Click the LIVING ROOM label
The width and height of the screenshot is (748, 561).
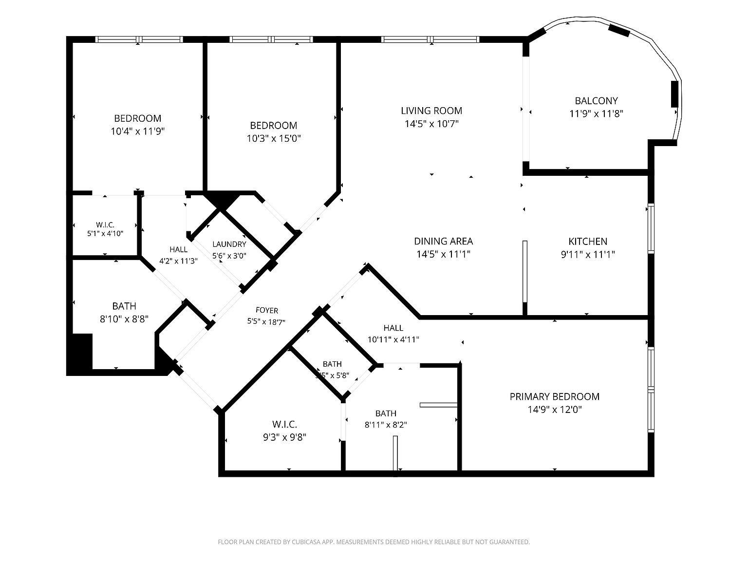click(431, 111)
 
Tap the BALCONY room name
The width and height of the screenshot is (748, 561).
click(596, 101)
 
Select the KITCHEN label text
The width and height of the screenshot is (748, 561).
click(588, 242)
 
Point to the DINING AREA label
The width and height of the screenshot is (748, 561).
click(443, 241)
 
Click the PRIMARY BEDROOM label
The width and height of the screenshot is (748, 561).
click(555, 396)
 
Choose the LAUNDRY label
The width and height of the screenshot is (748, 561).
click(229, 244)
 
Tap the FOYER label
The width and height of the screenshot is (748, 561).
click(267, 310)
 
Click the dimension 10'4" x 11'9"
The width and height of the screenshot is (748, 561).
click(138, 131)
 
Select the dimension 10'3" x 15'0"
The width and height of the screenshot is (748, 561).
click(274, 138)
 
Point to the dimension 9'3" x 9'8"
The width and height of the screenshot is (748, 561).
click(284, 437)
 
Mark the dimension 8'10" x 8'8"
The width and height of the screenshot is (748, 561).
click(124, 319)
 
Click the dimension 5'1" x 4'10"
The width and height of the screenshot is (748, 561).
click(105, 234)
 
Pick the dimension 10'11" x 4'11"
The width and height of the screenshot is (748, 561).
click(393, 339)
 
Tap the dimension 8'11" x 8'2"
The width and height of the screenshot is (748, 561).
click(386, 425)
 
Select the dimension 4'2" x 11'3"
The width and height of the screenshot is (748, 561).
click(179, 261)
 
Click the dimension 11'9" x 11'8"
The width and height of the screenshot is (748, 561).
click(596, 113)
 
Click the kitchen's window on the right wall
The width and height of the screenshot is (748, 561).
click(651, 228)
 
